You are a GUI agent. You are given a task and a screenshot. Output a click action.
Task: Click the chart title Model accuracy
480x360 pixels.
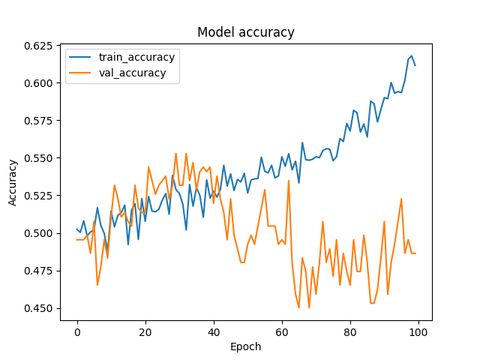246,32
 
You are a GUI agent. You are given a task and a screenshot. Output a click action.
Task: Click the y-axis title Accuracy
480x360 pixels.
13,182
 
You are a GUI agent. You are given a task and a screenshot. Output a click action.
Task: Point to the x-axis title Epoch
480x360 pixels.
246,347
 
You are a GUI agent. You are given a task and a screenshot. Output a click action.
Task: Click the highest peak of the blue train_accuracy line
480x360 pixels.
411,55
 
